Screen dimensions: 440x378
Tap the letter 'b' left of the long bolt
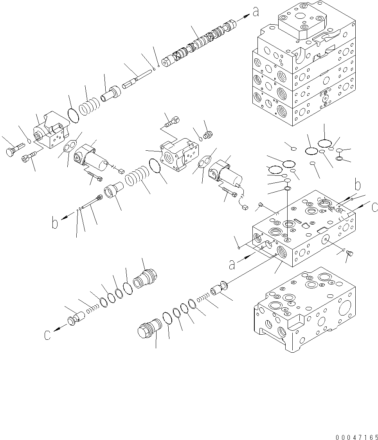(55, 223)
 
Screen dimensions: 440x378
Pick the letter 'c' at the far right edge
(374, 206)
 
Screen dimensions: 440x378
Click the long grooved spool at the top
(200, 43)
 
